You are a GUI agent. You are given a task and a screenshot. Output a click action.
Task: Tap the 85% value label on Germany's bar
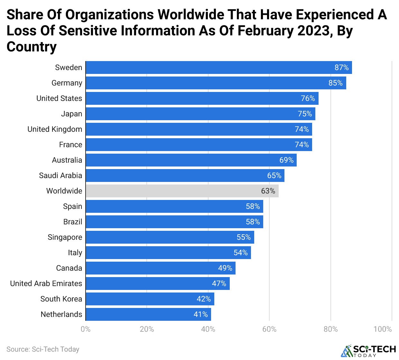335,83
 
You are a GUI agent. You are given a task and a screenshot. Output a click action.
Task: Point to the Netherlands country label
61,314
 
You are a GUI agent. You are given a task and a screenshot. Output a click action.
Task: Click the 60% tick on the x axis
269,329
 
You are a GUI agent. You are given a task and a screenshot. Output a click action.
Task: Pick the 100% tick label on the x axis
383,329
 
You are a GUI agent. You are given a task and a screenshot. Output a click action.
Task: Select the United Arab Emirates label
46,283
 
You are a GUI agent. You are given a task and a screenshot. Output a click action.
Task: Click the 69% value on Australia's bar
286,160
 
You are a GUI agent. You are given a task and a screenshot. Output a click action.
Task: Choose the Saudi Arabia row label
60,175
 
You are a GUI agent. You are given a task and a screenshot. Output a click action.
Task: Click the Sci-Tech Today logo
368,351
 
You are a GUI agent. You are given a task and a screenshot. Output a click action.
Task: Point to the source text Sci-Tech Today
43,349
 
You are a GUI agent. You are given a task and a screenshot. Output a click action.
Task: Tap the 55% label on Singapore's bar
244,237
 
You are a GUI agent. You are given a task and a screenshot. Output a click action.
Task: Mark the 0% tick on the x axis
86,329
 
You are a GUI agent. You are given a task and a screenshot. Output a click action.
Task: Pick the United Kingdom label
55,129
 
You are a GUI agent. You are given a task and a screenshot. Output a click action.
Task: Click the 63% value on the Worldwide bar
268,191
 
